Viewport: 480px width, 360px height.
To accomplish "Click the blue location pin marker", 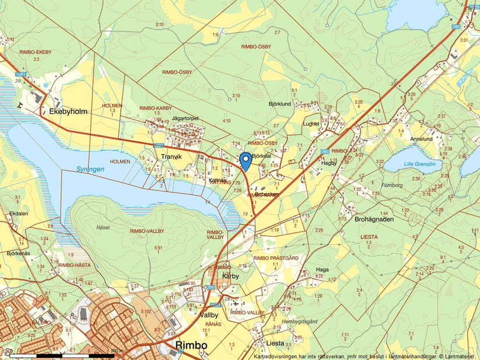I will pyautogui.click(x=246, y=159).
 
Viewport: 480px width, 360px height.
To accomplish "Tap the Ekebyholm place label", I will pyautogui.click(x=68, y=111).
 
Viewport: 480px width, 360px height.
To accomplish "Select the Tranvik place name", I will pyautogui.click(x=171, y=156).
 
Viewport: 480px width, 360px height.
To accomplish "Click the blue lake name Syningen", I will pyautogui.click(x=90, y=169).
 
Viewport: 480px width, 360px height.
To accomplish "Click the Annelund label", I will pyautogui.click(x=421, y=140).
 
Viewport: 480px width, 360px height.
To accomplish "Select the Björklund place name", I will pyautogui.click(x=279, y=104).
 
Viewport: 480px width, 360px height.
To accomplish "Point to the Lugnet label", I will pyautogui.click(x=311, y=124).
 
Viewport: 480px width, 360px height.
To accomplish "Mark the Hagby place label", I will pyautogui.click(x=329, y=163).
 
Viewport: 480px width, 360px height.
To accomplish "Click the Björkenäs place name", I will pyautogui.click(x=18, y=254).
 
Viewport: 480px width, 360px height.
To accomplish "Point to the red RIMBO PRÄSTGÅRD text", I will pyautogui.click(x=276, y=258).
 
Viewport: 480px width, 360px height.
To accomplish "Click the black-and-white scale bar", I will pyautogui.click(x=61, y=354).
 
